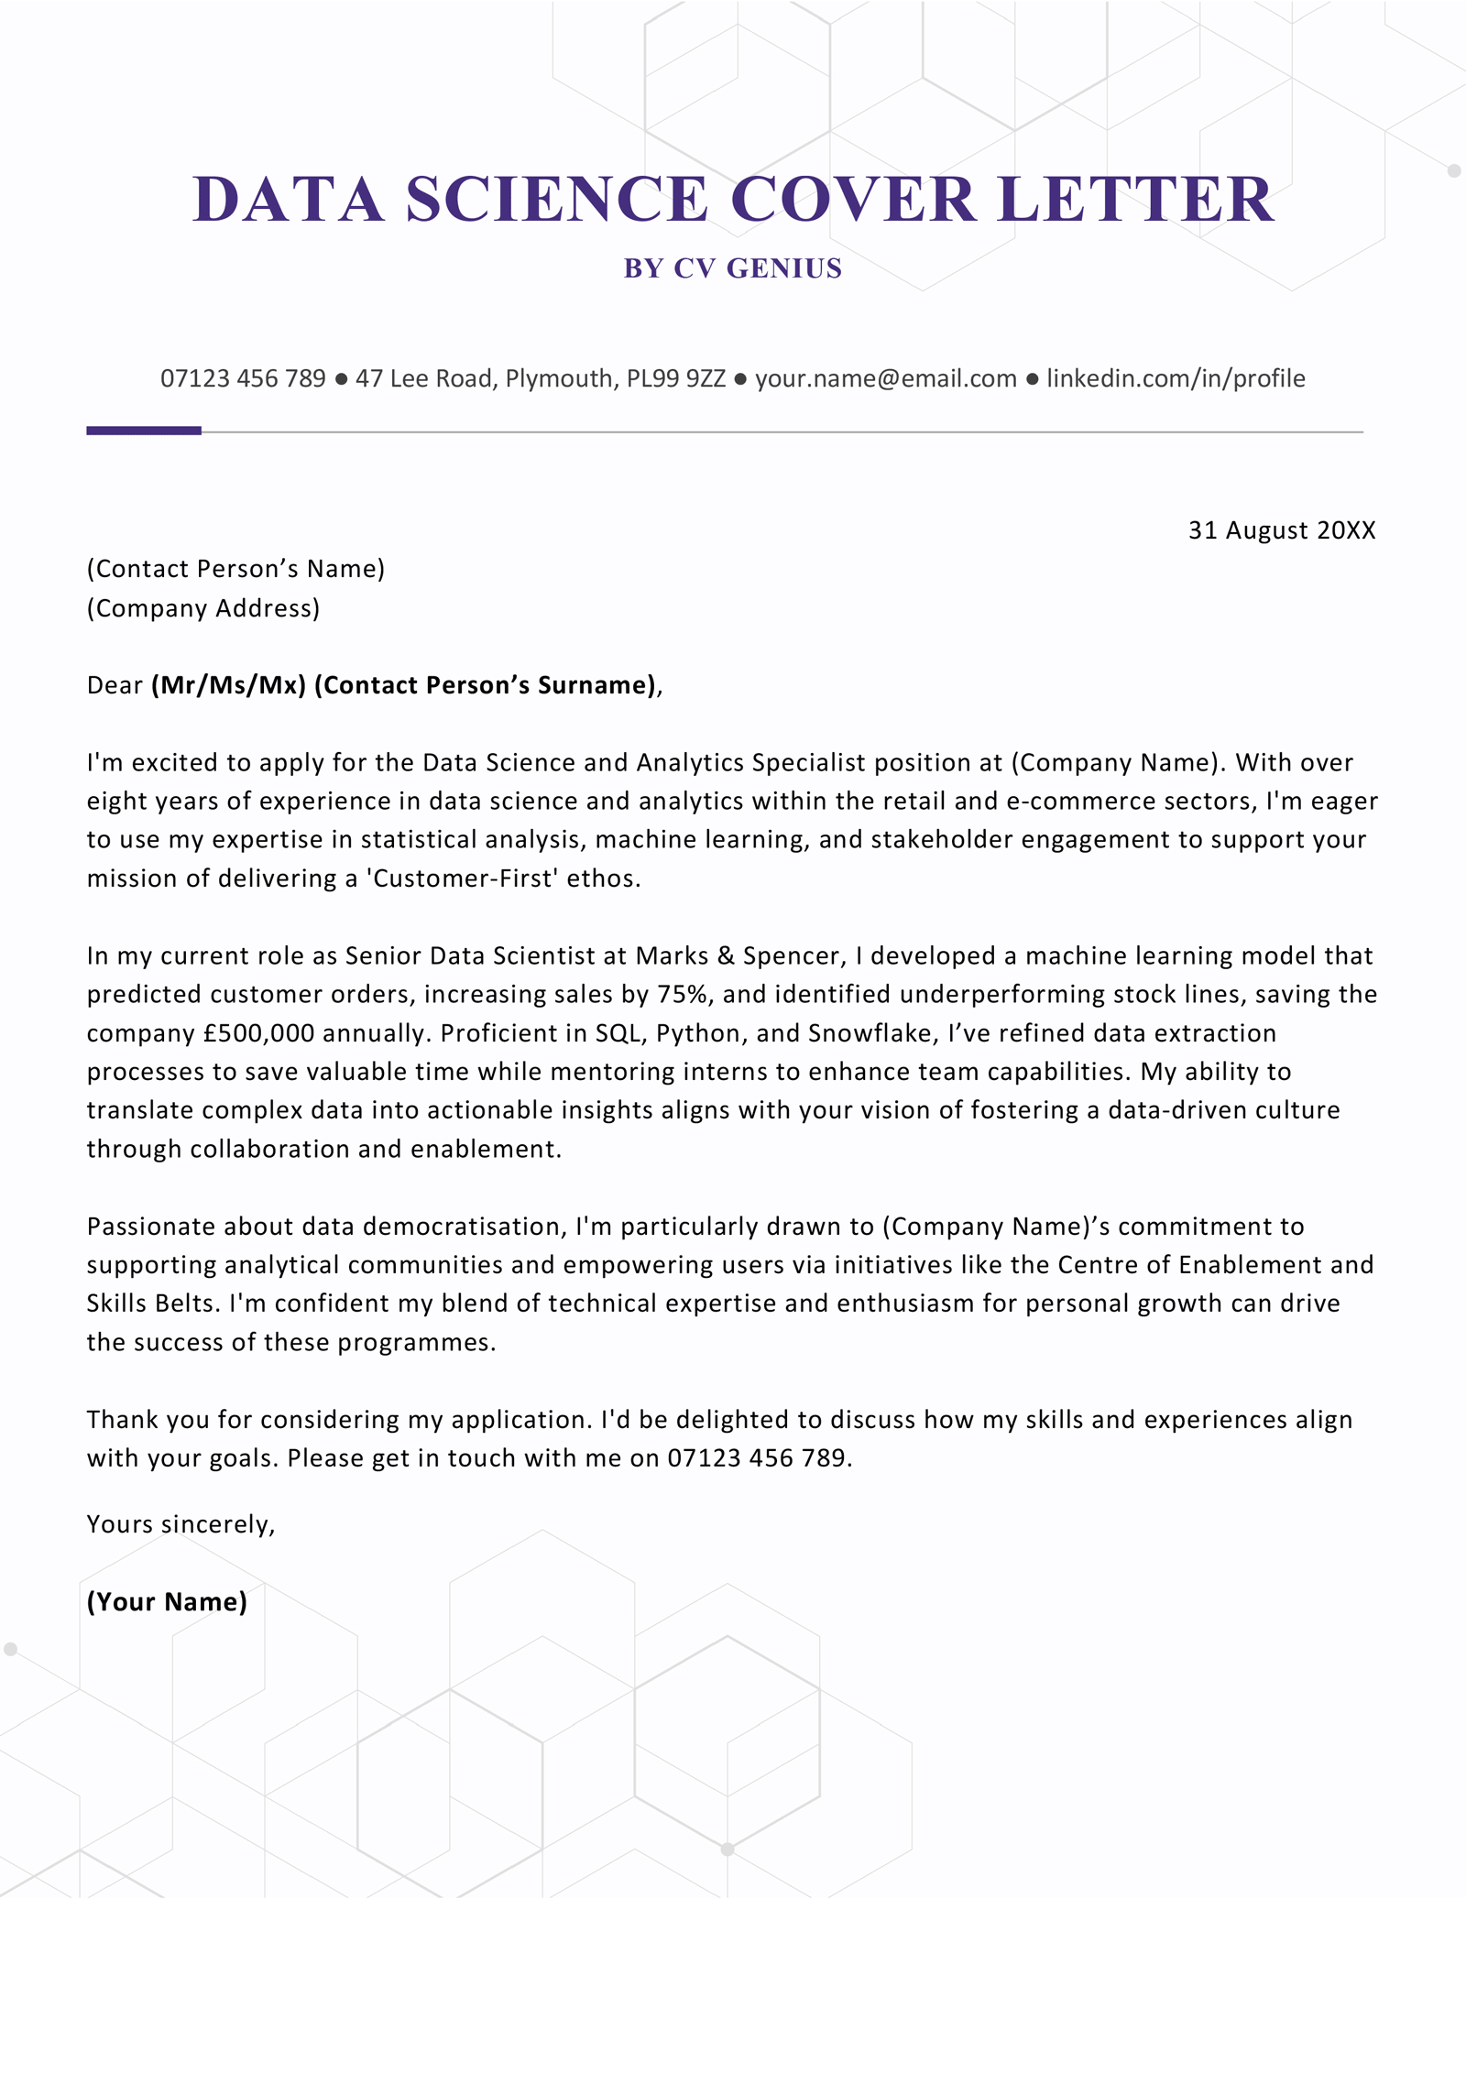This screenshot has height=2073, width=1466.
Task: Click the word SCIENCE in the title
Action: (556, 200)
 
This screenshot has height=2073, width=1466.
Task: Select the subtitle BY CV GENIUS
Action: (732, 268)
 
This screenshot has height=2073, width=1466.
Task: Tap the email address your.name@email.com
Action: (885, 378)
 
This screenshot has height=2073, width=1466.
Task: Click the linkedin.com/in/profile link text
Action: (1176, 378)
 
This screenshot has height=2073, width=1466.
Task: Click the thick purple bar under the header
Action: (144, 431)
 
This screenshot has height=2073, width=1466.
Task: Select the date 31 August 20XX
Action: (1281, 530)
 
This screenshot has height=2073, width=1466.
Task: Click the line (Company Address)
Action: (203, 608)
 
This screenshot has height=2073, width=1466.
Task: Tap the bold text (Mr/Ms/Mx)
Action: (228, 685)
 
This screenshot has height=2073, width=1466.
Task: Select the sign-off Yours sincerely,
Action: (181, 1524)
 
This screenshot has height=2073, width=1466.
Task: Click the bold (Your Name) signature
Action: (167, 1601)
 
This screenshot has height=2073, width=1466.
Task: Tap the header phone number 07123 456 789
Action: (243, 378)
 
